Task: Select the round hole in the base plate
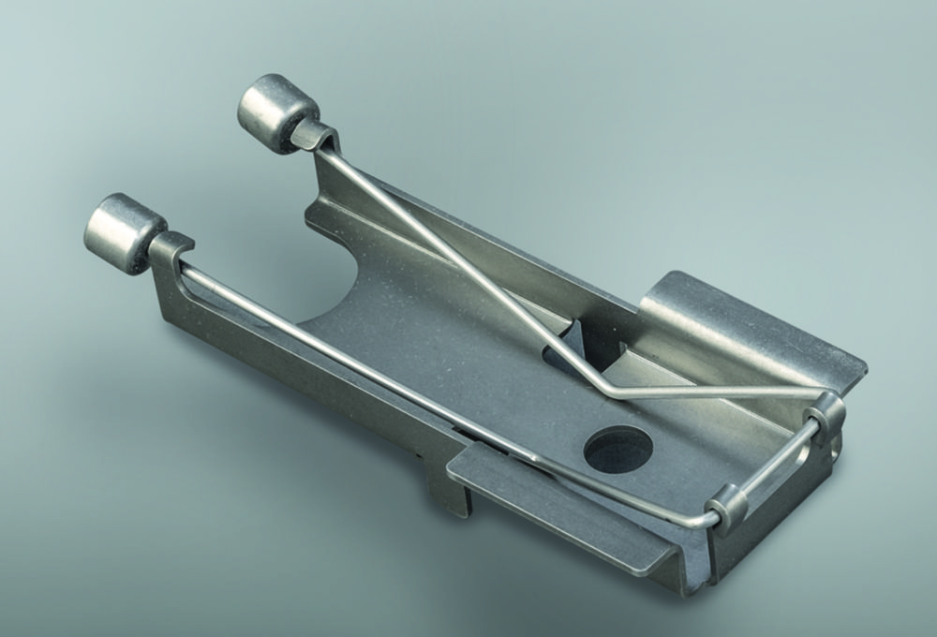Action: [x=618, y=448]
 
